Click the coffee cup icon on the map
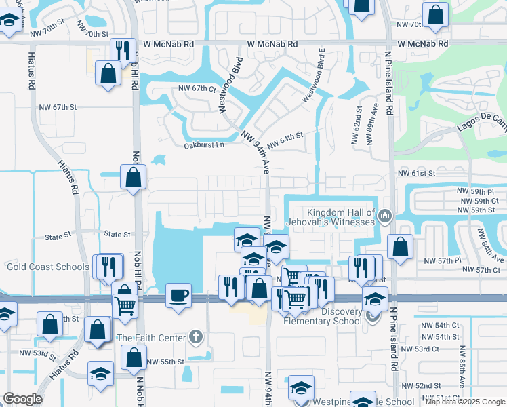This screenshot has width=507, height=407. coord(178,295)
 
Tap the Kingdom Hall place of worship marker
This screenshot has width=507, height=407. coord(386,216)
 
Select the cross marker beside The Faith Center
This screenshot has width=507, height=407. coord(196,337)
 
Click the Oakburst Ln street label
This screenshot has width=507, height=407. coord(203,145)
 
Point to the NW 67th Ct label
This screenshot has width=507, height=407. coord(197,88)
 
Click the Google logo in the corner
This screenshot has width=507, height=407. coord(22,399)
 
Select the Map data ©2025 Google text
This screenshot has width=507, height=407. coord(465,402)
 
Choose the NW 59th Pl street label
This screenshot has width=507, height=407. coord(479,191)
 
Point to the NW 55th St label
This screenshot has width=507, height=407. coord(165,362)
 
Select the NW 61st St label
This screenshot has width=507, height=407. coord(415,174)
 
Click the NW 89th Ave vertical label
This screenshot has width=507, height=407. coord(370,123)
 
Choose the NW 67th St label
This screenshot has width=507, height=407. coord(58,107)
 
